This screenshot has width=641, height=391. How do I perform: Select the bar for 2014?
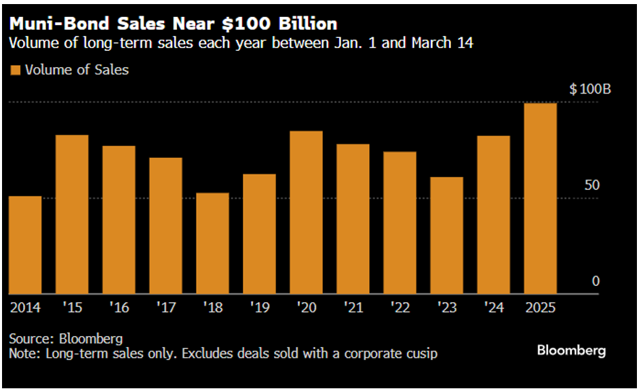pos(25,245)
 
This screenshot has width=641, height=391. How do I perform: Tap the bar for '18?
pos(212,243)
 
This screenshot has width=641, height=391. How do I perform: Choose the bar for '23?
pos(446,235)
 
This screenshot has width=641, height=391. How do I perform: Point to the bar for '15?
pos(72,214)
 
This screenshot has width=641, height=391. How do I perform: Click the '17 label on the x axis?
pos(166,308)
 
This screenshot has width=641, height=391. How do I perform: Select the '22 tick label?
pos(400,308)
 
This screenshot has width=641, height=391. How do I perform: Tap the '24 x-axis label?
pos(493,308)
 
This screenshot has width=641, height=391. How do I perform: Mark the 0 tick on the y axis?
pos(596,281)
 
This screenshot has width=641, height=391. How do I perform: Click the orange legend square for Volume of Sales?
pos(15,70)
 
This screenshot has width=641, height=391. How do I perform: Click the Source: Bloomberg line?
pos(66,338)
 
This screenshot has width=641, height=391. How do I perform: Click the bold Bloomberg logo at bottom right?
pos(571,350)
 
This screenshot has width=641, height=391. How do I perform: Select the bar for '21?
pos(353,219)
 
